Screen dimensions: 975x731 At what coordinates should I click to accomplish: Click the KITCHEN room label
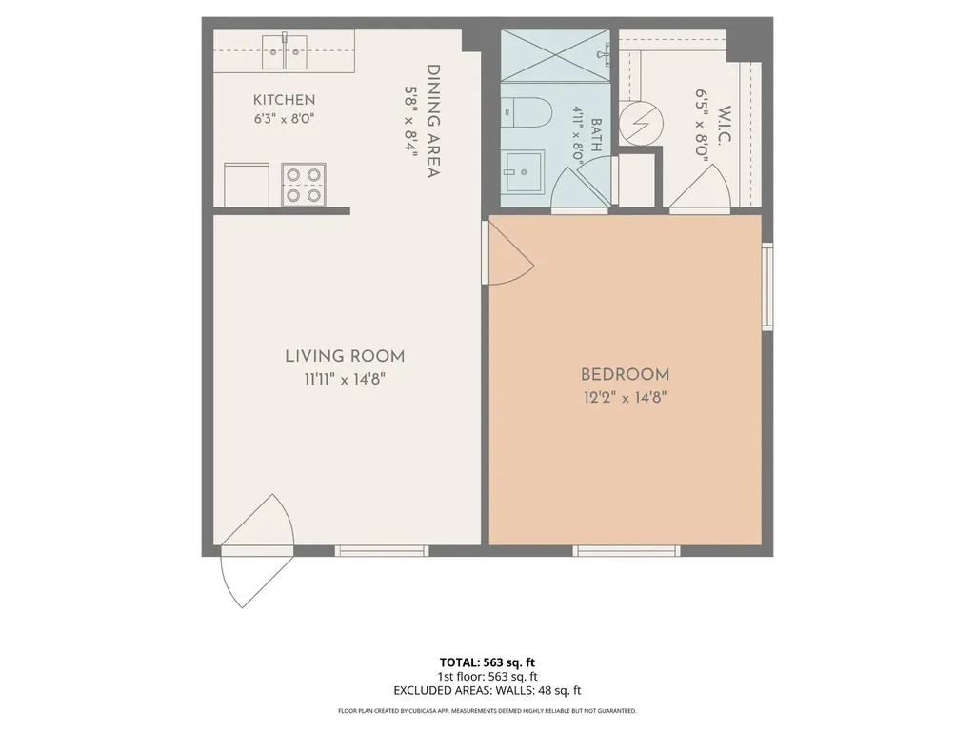pyautogui.click(x=284, y=99)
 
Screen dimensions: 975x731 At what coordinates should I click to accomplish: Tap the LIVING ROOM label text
pyautogui.click(x=345, y=356)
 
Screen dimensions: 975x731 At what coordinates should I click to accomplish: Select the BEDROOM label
pyautogui.click(x=625, y=375)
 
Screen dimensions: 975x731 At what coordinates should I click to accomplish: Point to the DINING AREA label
pyautogui.click(x=433, y=121)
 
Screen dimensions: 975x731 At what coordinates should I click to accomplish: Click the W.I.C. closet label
pyautogui.click(x=725, y=127)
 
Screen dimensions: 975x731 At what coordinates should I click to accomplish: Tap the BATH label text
pyautogui.click(x=596, y=135)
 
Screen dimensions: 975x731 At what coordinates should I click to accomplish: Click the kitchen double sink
pyautogui.click(x=285, y=51)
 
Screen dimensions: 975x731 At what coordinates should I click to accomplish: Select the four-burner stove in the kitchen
pyautogui.click(x=304, y=185)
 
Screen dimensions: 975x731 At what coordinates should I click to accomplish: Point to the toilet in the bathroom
pyautogui.click(x=527, y=112)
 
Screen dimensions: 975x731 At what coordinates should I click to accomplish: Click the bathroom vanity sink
pyautogui.click(x=524, y=171)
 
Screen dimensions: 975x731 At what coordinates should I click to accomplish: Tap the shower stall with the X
pyautogui.click(x=555, y=54)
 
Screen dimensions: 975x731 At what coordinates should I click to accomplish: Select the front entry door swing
pyautogui.click(x=257, y=551)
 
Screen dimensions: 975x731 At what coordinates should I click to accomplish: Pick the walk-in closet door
pyautogui.click(x=700, y=187)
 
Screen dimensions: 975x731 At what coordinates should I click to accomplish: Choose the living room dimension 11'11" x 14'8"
pyautogui.click(x=345, y=379)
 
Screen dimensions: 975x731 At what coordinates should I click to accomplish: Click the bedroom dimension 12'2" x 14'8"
pyautogui.click(x=625, y=397)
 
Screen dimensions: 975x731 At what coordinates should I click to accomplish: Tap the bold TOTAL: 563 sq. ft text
pyautogui.click(x=487, y=662)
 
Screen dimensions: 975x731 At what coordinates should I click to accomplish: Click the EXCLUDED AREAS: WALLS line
pyautogui.click(x=487, y=690)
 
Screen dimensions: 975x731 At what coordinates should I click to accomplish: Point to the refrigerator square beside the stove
pyautogui.click(x=247, y=185)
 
